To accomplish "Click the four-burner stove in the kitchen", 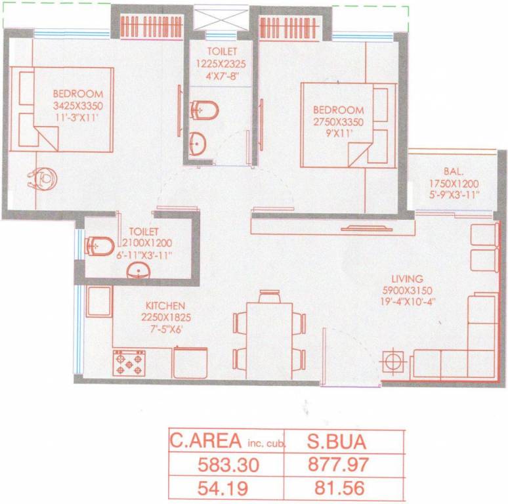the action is pos(129,363).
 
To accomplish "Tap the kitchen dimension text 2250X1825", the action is pos(166,318).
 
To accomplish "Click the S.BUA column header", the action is pos(336,442).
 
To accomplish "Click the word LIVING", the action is pos(407,278).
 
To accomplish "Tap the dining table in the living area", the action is pos(270,341).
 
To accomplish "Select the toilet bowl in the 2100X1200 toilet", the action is pos(100,247).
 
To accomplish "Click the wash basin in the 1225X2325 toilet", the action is pos(198,144).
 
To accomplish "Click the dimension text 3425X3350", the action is pos(78,106).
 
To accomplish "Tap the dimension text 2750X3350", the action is pos(338,122).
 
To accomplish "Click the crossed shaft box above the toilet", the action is pos(221,18).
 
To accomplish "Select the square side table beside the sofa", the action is pos(393,362).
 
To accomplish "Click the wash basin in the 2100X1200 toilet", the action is pos(138,271).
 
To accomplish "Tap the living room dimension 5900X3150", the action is pos(407,290).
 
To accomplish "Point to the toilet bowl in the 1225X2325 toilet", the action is pos(205,110).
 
